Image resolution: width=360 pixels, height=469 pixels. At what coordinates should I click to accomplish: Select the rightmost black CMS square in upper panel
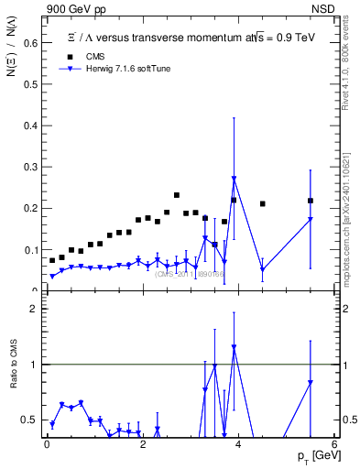tap(311, 201)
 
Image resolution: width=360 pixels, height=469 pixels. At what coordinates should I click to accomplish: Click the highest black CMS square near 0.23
tap(176, 195)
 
